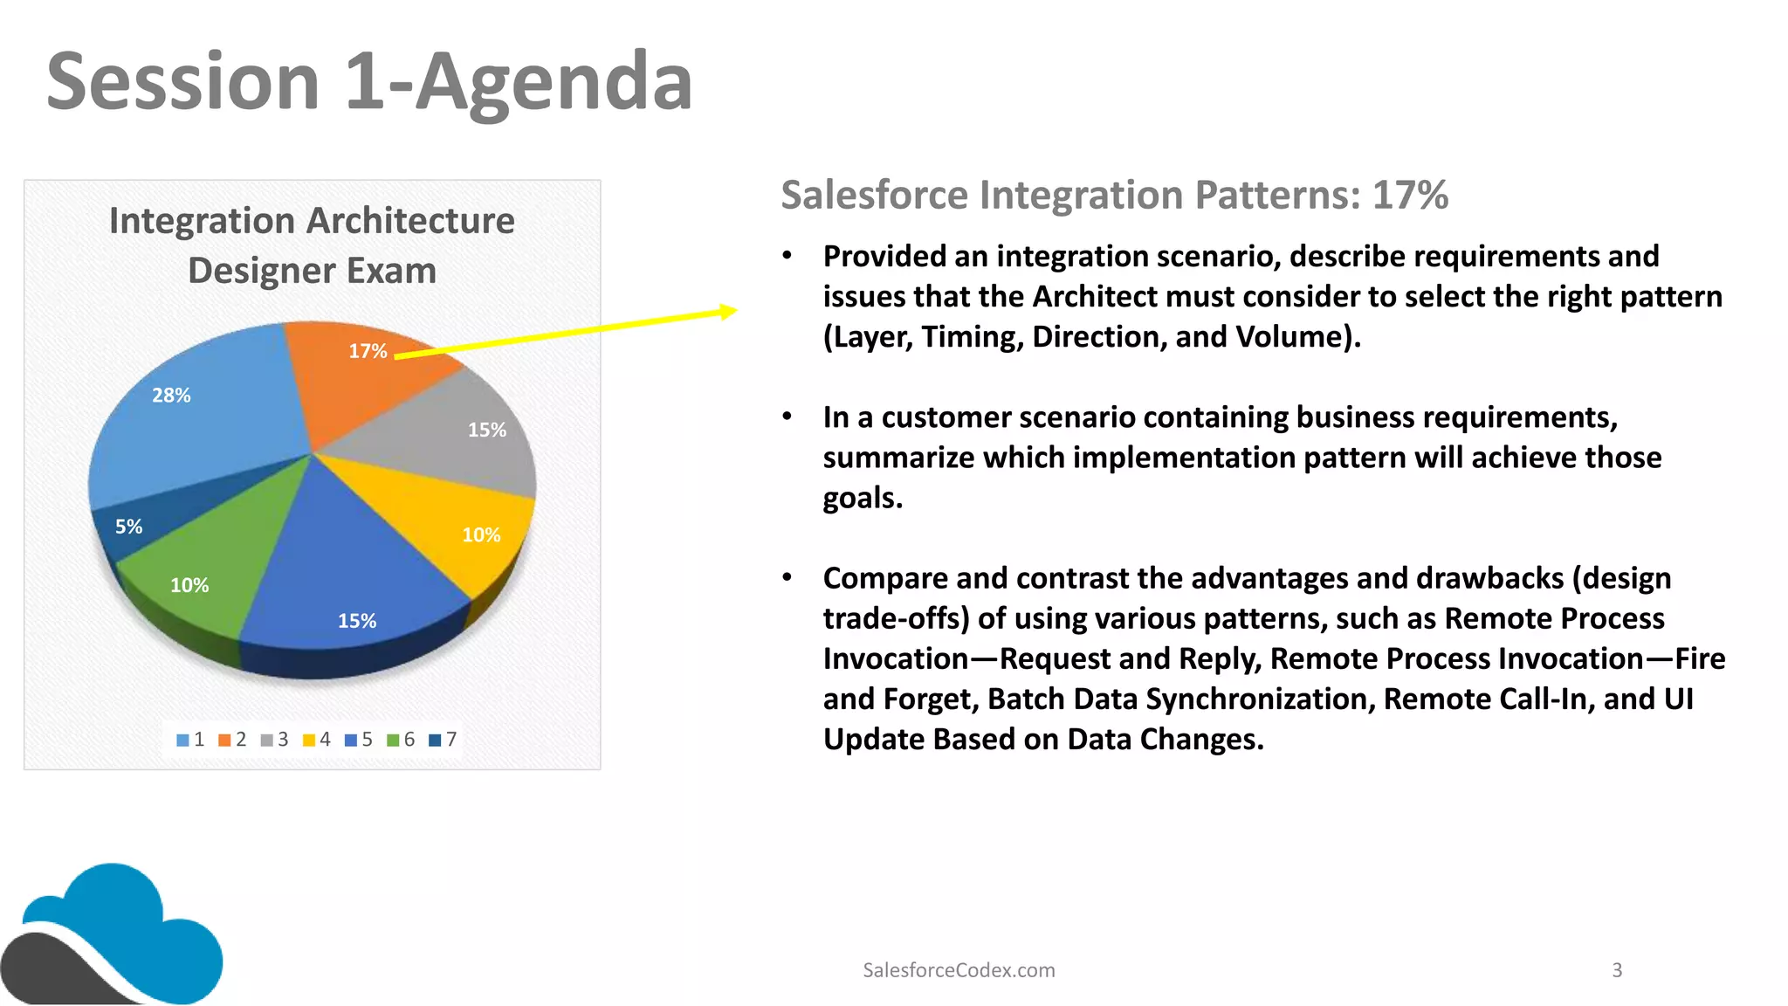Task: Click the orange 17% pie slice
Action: coord(349,384)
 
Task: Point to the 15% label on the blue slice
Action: coord(357,621)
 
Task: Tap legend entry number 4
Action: coord(316,740)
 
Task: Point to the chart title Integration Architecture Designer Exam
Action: coord(312,245)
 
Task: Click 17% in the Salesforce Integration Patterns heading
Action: coord(1410,195)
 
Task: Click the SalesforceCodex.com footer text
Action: coord(959,970)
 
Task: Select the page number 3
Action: coord(1617,970)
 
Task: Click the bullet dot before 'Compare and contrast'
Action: coord(787,577)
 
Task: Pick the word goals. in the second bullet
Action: coord(863,498)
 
